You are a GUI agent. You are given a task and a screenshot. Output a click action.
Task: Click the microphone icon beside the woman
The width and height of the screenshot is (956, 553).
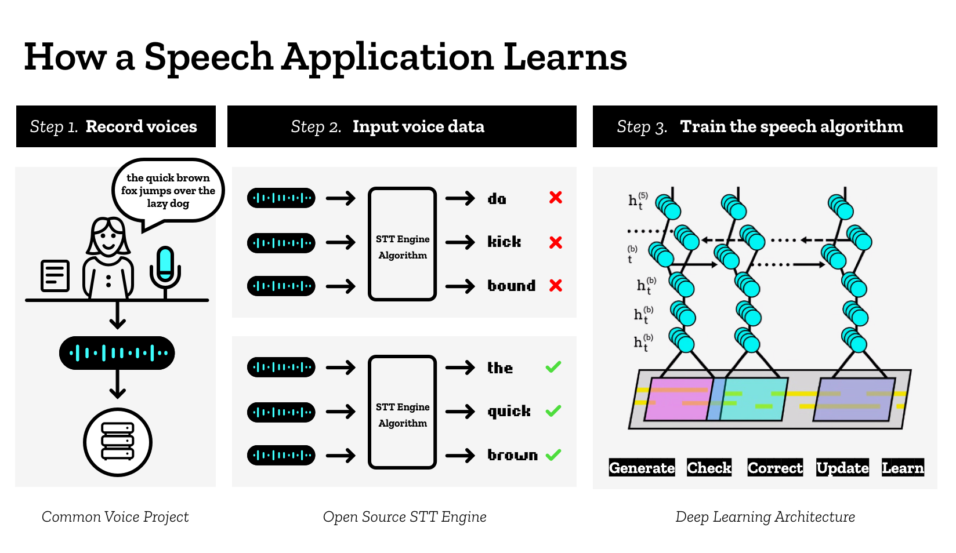coord(165,269)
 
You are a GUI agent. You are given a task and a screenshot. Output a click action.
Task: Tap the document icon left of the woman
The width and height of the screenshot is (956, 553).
coord(55,275)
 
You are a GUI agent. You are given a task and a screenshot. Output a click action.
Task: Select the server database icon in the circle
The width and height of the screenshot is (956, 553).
coord(118,442)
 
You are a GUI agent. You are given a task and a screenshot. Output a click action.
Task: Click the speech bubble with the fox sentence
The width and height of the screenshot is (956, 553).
coord(168,191)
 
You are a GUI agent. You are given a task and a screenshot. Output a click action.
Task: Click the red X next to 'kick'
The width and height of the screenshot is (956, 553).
coord(556,242)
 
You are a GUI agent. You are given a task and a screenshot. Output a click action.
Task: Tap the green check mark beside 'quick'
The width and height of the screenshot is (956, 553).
coord(553,411)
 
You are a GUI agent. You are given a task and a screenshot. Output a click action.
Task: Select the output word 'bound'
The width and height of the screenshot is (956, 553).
coord(511,286)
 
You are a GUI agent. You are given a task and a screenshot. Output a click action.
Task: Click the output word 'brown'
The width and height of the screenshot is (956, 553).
coord(512,455)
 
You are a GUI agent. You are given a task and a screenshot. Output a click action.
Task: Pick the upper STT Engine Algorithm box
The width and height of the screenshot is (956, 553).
coord(402,244)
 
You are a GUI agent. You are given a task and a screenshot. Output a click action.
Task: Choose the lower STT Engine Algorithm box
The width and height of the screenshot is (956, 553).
coord(402,412)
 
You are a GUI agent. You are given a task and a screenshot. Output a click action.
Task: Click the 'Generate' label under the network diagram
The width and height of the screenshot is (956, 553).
coord(642,468)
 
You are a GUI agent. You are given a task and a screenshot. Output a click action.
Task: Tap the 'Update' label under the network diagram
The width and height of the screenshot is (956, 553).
coord(842,468)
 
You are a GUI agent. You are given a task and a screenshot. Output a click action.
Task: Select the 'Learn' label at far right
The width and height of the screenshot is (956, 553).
coord(903,468)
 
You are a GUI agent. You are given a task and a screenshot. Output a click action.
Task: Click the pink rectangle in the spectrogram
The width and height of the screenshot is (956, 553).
coord(678,399)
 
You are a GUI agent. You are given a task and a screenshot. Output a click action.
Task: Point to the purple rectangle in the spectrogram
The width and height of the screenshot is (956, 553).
coord(854,399)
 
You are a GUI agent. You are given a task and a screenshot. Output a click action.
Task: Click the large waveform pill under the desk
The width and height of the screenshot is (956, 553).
coord(117,352)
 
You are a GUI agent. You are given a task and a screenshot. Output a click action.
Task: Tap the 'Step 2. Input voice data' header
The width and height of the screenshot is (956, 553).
coord(401,126)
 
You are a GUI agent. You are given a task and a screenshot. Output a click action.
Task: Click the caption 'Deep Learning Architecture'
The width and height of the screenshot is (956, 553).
coord(765,516)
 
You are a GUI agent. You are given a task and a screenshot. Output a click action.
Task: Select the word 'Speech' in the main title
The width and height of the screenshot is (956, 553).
coord(208,58)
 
